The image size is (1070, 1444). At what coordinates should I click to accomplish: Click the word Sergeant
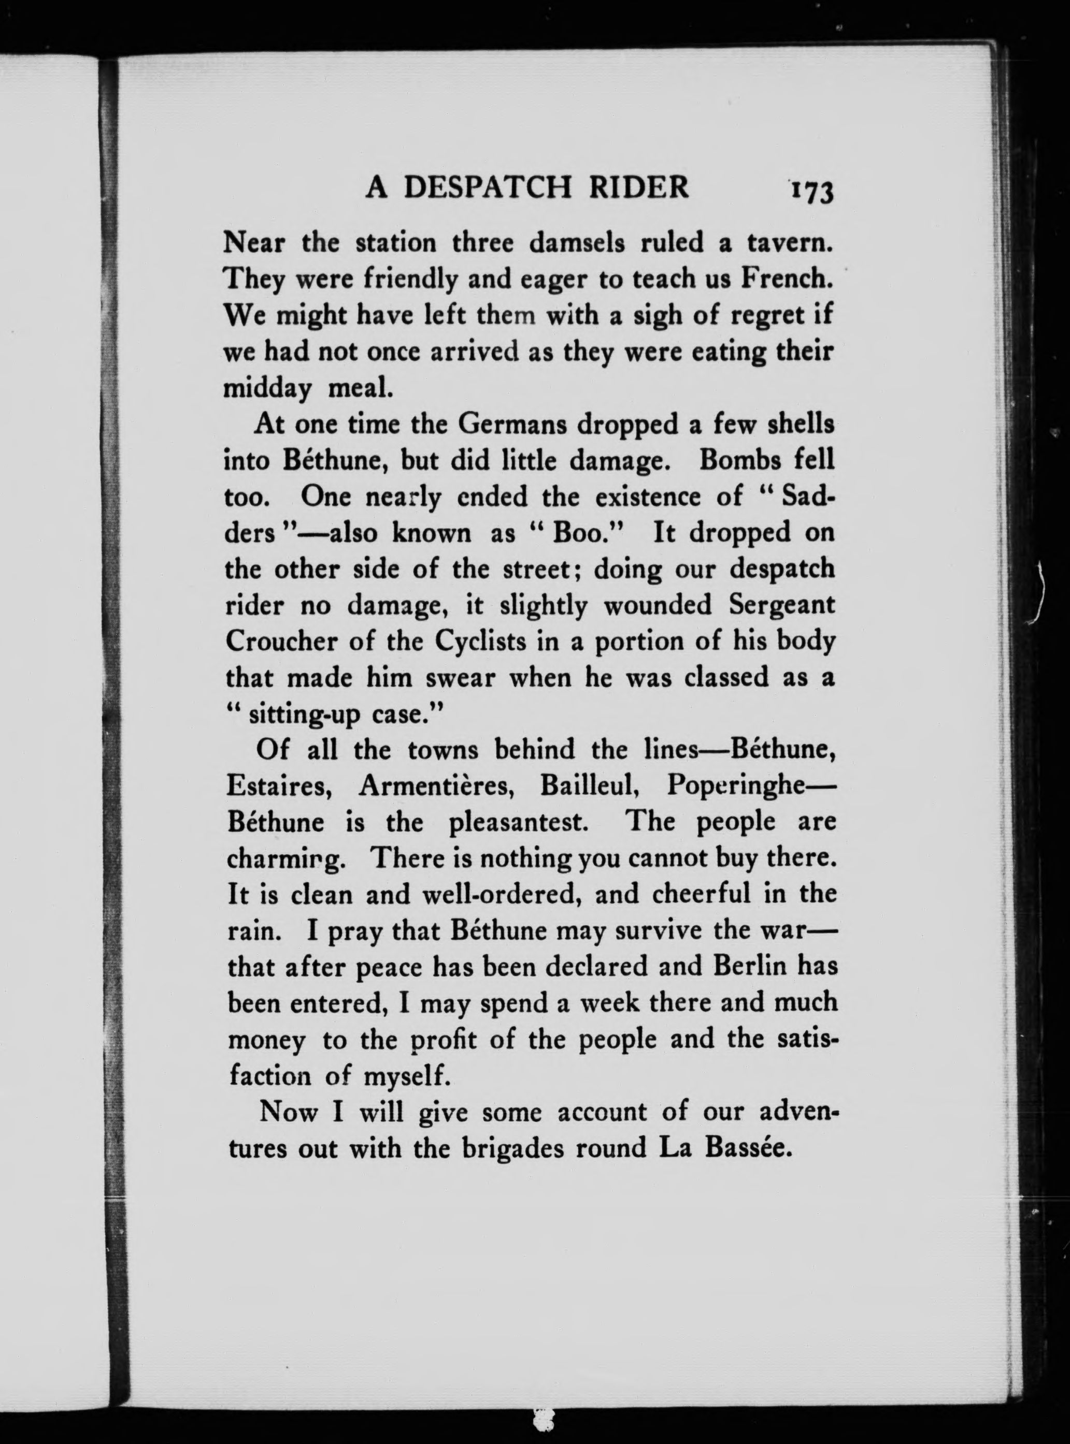(781, 606)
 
